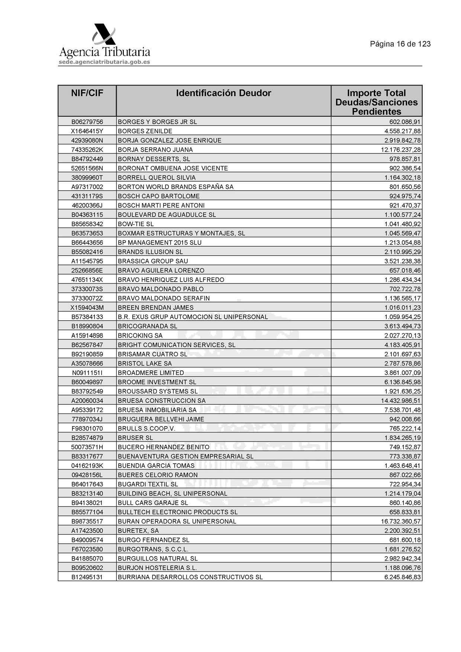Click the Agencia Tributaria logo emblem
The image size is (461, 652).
coord(104,35)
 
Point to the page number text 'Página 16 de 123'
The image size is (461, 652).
coord(400,44)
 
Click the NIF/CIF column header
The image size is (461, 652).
coord(87,93)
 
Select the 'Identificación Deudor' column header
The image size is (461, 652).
coord(223,93)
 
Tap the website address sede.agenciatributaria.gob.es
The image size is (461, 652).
coord(104,62)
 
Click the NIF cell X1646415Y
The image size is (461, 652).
coord(87,131)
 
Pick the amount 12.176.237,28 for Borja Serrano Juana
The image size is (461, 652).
coord(401,150)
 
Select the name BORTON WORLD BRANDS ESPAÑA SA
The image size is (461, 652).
coord(175,187)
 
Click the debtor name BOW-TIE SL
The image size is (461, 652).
coord(136,224)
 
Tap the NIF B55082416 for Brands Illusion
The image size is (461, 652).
coord(87,252)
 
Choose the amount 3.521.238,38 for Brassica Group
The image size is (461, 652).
coord(402,261)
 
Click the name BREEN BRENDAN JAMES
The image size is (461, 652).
coord(155,308)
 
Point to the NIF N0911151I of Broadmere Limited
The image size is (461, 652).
coord(87,373)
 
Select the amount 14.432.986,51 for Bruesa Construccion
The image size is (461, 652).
coord(401,400)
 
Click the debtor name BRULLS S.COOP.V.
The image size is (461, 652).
coord(146,428)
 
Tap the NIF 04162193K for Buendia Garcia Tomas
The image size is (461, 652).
coord(87,466)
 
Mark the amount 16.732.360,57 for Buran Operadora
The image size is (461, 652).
coord(401,521)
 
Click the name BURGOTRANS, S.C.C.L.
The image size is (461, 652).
coord(153,549)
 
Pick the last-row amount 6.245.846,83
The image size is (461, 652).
coord(402,577)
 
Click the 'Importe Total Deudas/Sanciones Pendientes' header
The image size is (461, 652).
coord(376,102)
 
